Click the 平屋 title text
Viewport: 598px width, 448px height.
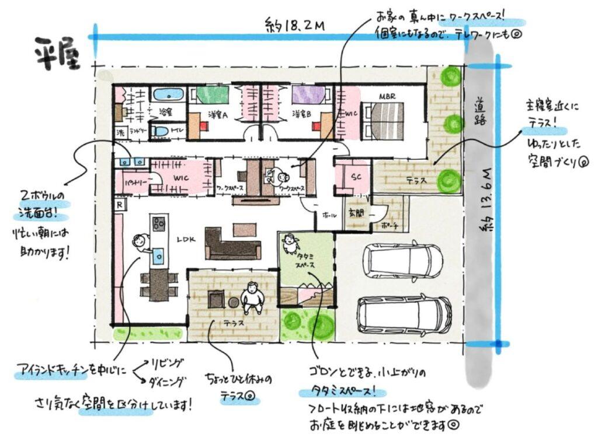57,53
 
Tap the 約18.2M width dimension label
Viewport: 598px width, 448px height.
294,26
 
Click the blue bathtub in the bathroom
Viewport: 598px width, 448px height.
168,94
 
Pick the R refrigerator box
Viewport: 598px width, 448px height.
119,205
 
